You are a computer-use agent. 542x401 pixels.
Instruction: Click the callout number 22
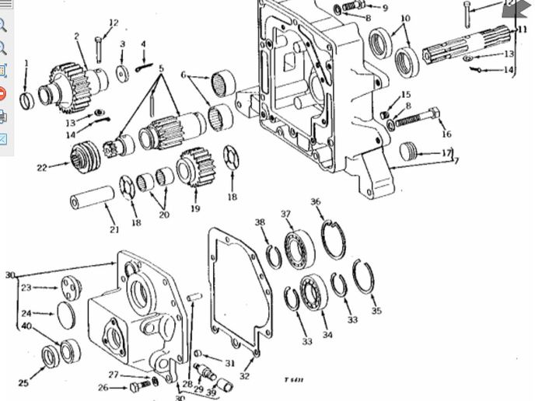[42, 167]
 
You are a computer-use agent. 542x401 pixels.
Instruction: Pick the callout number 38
[260, 222]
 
